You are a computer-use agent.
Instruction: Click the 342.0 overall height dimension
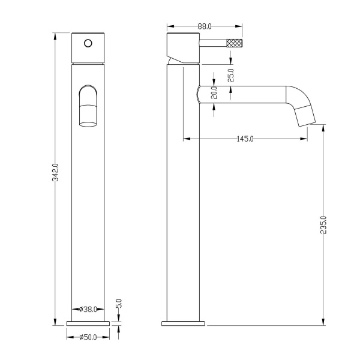55,172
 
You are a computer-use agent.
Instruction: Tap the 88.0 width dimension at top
205,26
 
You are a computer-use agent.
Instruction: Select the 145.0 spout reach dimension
245,139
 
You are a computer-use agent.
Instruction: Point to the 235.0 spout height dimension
323,225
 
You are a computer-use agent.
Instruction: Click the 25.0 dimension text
231,76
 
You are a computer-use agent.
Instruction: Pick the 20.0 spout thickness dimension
214,92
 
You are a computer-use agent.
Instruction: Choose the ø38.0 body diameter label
88,310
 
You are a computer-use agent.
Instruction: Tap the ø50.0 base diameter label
88,337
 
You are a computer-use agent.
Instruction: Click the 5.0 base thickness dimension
119,304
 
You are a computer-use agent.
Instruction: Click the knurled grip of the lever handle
234,43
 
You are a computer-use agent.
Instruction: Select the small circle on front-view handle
88,43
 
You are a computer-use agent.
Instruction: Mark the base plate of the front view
88,323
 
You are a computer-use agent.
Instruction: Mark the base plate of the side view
183,323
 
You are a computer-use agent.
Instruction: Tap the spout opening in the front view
88,125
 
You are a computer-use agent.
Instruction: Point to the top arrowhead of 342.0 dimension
55,37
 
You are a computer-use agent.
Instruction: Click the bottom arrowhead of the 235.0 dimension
323,322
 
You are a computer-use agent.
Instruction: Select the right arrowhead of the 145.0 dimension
304,139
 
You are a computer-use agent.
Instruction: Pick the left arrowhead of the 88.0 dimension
170,26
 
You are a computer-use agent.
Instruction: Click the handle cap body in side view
183,48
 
